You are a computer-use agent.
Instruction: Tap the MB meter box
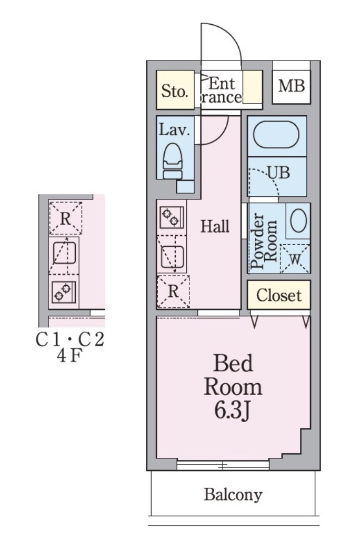(x=291, y=85)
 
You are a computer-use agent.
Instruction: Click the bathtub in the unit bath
(x=276, y=135)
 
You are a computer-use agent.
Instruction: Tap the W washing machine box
(x=294, y=258)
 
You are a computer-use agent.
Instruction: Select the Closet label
(x=279, y=295)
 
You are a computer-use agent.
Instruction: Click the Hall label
(x=215, y=227)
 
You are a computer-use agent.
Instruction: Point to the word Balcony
(x=233, y=495)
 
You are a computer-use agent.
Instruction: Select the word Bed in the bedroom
(x=233, y=363)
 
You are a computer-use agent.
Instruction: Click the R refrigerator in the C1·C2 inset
(x=65, y=218)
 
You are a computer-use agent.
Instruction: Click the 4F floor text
(x=69, y=357)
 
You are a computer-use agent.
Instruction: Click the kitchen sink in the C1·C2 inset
(x=64, y=255)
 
